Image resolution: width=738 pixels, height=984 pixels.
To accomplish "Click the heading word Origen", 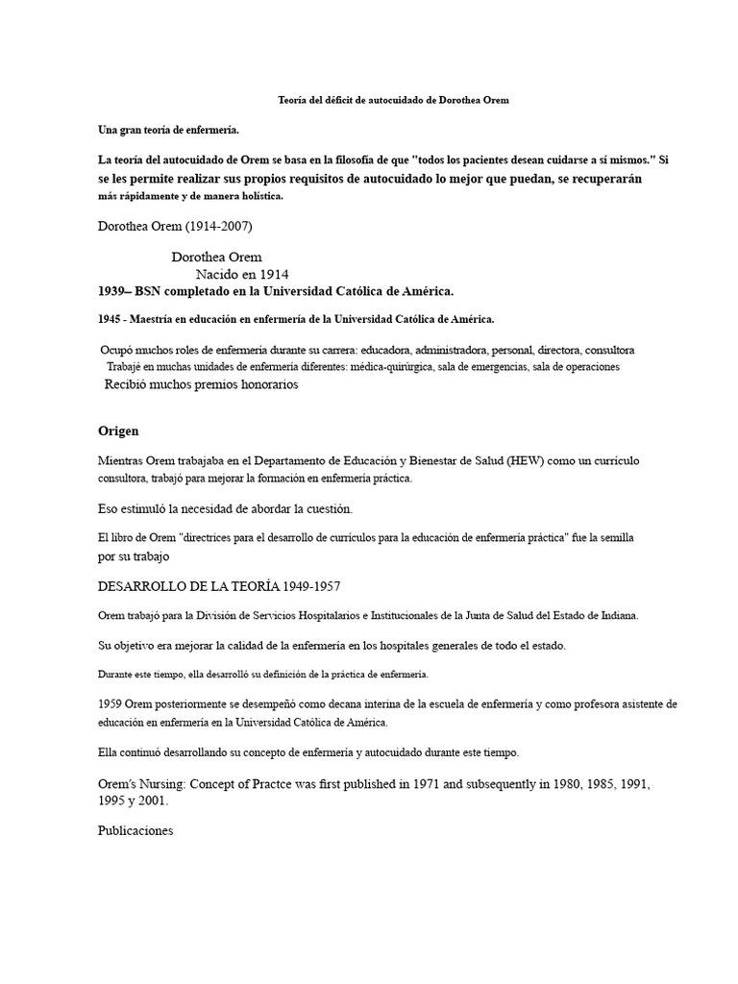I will click(x=119, y=430).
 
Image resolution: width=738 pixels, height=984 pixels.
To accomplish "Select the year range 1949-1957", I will click(x=307, y=585).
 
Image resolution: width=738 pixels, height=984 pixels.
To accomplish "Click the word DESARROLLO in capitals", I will click(x=144, y=585).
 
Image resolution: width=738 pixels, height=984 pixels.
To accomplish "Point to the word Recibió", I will click(x=129, y=384).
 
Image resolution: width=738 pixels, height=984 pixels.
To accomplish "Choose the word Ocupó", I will click(x=118, y=350).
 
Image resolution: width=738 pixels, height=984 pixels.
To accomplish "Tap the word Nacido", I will click(x=218, y=274).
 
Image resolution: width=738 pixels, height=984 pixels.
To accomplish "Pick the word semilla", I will click(x=613, y=537).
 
